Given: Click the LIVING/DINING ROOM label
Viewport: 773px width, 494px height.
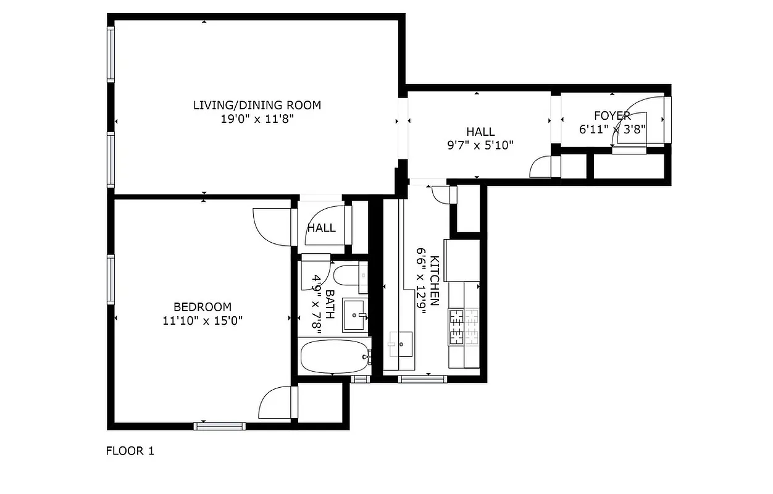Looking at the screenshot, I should (x=257, y=105).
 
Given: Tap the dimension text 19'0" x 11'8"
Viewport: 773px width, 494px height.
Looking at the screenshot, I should (x=257, y=119).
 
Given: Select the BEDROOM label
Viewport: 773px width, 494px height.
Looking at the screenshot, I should (x=203, y=307).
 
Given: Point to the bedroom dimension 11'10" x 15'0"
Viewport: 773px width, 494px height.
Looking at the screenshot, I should (x=203, y=320).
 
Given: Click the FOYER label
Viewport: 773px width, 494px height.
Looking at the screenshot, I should (x=612, y=115).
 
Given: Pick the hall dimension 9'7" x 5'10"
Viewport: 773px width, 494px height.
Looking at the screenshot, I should (x=480, y=145).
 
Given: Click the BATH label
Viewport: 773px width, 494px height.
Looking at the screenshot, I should (x=330, y=304).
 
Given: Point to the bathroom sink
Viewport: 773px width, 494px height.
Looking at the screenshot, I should (x=355, y=316).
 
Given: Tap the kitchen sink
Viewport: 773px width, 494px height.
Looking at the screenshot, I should (x=401, y=343).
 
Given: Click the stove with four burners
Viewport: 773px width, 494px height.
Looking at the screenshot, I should (x=464, y=327).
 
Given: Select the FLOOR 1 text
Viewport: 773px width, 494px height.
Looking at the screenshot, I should (x=130, y=451).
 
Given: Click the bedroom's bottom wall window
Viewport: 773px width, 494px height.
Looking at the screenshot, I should (x=219, y=425).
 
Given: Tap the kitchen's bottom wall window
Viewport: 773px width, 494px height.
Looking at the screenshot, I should (x=422, y=379).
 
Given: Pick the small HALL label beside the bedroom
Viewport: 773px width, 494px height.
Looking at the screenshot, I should (x=322, y=228).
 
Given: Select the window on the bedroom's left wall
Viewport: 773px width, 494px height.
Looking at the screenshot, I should (x=111, y=280).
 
